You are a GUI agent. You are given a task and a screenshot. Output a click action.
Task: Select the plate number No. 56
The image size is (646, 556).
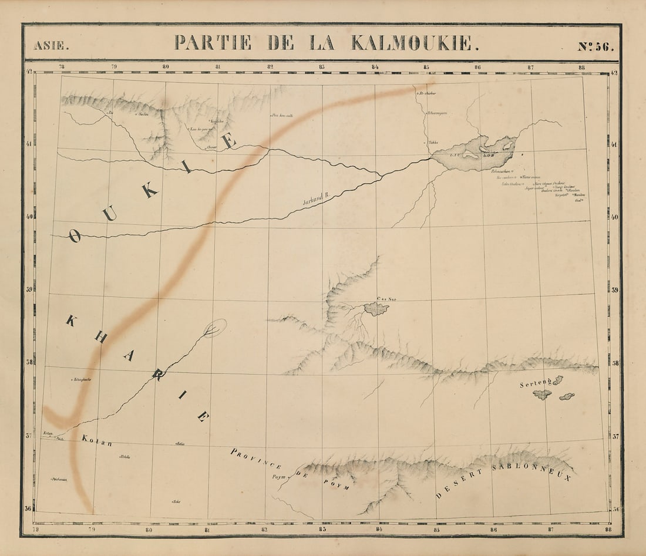coord(595,46)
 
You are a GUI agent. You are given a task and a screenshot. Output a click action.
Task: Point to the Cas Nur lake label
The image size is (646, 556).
coord(387,299)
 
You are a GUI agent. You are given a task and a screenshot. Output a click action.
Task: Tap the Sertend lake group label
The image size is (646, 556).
coord(536,385)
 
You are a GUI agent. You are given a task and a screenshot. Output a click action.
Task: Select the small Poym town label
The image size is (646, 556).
coord(278,477)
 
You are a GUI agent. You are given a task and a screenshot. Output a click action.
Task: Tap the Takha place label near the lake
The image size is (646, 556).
coord(433,143)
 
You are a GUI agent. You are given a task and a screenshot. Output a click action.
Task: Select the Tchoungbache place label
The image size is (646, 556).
coord(85,380)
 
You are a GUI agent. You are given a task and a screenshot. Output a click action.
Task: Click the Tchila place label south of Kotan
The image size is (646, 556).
coord(125,456)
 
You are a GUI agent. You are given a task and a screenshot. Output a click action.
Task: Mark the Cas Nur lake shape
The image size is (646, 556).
coord(376,309)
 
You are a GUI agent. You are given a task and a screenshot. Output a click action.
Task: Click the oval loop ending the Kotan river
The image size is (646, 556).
coord(216,328)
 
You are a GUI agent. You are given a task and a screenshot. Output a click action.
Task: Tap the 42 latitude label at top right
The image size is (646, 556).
coord(614,73)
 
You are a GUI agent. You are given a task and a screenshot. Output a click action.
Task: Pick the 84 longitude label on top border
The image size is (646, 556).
coord(375,67)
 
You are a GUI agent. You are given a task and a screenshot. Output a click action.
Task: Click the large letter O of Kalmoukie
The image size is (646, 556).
coord(74,236)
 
